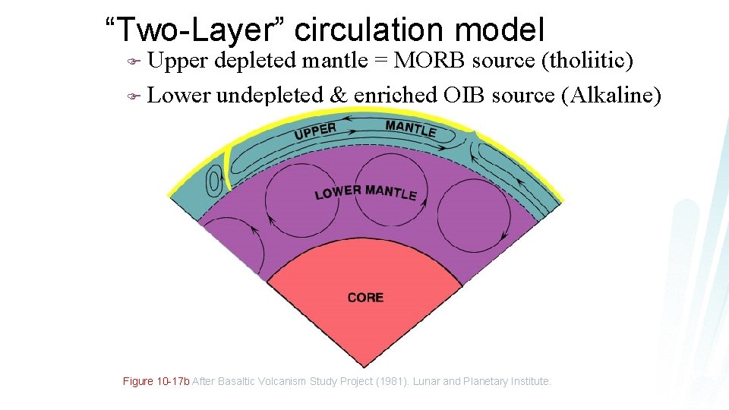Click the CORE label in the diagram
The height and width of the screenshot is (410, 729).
tap(365, 298)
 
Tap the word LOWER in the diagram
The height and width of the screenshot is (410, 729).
tap(333, 193)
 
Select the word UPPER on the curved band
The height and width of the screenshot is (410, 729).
tap(314, 131)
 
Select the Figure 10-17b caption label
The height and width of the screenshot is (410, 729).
tap(156, 381)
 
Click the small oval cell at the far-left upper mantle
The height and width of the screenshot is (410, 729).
tap(215, 181)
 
